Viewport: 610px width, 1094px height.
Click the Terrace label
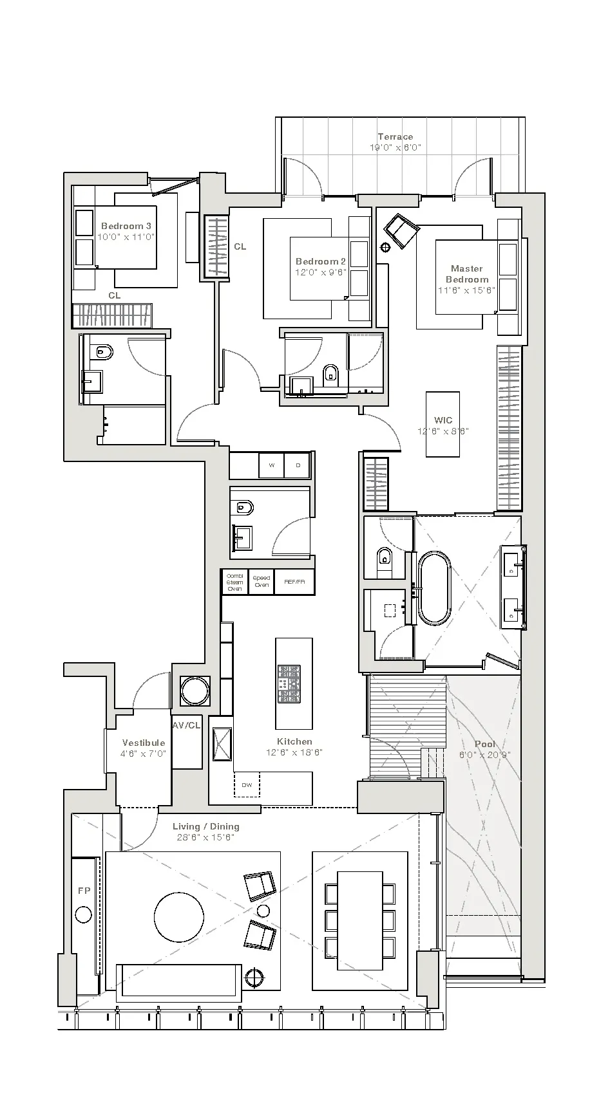(x=395, y=136)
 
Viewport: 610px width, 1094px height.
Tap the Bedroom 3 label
(x=126, y=226)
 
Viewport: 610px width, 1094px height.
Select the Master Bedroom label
(x=467, y=273)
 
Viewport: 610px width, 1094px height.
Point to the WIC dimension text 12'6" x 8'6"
(x=443, y=431)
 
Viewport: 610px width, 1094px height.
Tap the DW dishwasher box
(x=247, y=784)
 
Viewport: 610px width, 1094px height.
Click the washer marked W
(x=271, y=465)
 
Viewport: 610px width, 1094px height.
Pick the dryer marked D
(x=298, y=465)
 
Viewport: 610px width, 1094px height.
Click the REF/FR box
(x=294, y=582)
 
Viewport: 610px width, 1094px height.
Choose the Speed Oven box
(x=261, y=582)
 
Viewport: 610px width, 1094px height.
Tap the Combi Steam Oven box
(x=234, y=582)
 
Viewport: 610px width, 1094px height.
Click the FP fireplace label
(x=84, y=891)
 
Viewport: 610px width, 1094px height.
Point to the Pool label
(x=484, y=744)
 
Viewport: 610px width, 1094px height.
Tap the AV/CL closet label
(x=187, y=725)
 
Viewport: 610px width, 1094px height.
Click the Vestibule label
(x=144, y=743)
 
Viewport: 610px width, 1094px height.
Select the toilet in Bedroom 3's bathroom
(x=102, y=352)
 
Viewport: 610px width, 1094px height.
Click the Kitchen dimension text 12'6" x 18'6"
(x=294, y=752)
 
